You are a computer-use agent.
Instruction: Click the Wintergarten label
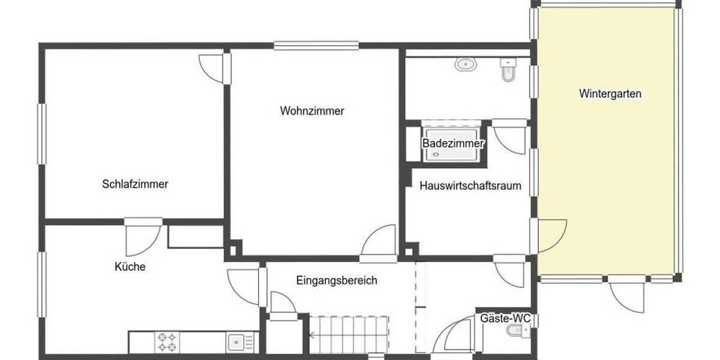[610, 94]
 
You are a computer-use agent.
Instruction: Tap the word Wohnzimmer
[311, 111]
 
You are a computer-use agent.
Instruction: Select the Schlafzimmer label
[135, 184]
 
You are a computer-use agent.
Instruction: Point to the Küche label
[130, 266]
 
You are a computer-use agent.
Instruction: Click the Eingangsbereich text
[337, 280]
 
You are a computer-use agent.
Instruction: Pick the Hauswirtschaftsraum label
[470, 186]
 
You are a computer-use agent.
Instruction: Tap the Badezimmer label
[454, 144]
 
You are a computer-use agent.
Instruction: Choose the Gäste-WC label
[505, 318]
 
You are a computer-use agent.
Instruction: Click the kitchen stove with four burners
[167, 342]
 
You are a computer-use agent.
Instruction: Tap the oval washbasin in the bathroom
[464, 64]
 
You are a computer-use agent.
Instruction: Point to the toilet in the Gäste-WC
[515, 331]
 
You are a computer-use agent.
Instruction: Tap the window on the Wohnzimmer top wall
[316, 45]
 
